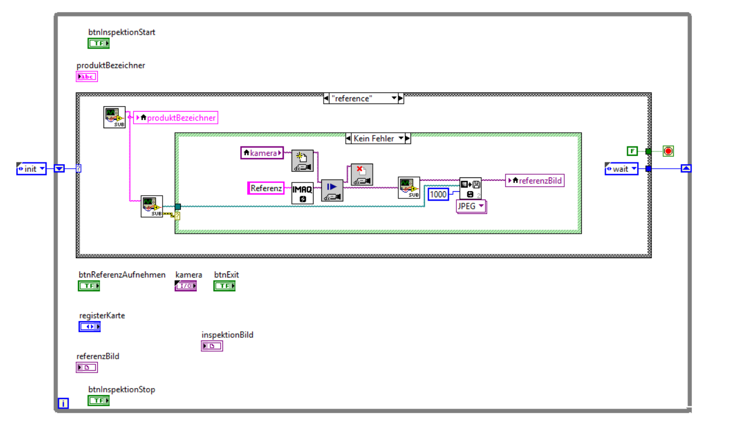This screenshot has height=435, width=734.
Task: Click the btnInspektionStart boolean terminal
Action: pos(99,44)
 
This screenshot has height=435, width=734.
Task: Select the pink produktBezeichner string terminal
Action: pos(87,77)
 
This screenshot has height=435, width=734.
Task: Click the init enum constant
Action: pos(32,169)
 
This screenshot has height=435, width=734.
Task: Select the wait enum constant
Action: pos(621,169)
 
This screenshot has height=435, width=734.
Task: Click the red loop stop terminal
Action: pos(668,151)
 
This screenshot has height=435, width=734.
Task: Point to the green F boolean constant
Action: pos(632,151)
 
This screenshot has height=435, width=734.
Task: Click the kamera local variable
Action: pos(262,153)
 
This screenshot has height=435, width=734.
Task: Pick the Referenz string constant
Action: pos(266,188)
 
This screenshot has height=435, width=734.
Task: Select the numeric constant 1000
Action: pos(438,194)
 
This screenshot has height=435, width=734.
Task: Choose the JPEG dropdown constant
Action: pos(471,206)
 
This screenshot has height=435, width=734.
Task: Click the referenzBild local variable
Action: pos(534,180)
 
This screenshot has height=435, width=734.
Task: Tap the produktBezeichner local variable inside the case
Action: pos(175,118)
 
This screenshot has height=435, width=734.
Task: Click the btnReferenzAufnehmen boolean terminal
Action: pos(89,286)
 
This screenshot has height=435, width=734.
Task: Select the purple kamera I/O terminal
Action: pos(185,286)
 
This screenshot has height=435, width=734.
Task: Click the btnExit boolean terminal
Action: pos(225,286)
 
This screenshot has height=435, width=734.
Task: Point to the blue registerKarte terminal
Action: pos(90,327)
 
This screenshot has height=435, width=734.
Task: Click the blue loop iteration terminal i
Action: pos(64,403)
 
